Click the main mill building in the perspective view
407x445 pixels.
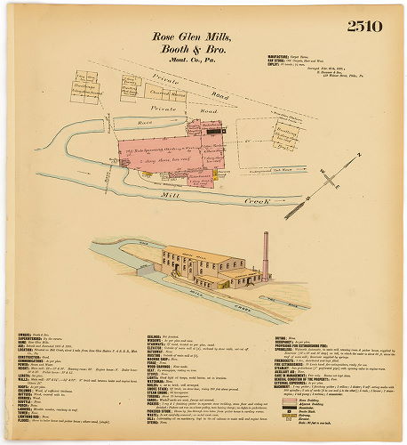pyautogui.click(x=200, y=264)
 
